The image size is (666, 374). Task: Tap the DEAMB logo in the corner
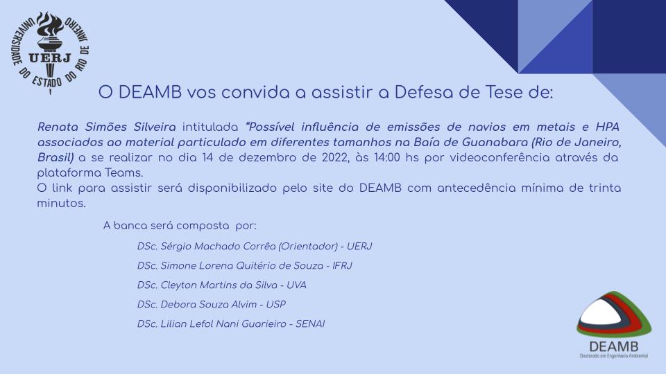coord(614,325)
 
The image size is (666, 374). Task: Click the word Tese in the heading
coord(504,92)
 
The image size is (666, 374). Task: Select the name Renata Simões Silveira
coord(107,127)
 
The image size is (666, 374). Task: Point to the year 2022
coord(335,157)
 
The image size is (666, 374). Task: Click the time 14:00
coord(386,157)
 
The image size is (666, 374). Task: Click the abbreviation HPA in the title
coord(608,127)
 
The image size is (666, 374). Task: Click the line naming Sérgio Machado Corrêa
coord(255,247)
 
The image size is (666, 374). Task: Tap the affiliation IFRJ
coord(342,266)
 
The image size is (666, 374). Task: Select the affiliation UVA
coord(296,285)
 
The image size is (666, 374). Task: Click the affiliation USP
coord(276,305)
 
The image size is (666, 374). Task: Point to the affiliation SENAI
coord(310,324)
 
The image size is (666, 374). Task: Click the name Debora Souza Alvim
coord(209,305)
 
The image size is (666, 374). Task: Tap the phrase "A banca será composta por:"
coord(180,226)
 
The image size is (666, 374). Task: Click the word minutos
coord(61,203)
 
